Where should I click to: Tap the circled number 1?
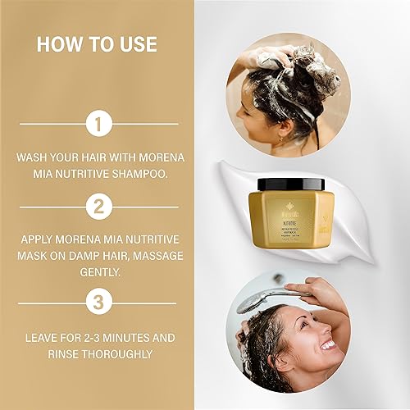(x=98, y=124)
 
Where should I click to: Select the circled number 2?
(x=98, y=207)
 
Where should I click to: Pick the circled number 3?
(x=98, y=303)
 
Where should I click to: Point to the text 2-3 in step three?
(x=90, y=336)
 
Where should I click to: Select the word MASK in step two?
(x=38, y=255)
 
